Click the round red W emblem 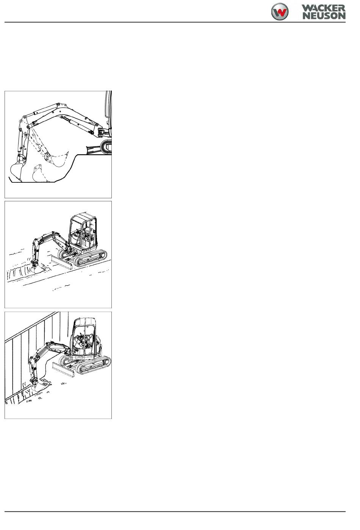click(280, 12)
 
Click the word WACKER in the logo click(323, 8)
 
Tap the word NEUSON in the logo click(324, 16)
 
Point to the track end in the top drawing click(106, 147)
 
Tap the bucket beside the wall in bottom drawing click(39, 386)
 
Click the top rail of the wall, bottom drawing click(32, 326)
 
